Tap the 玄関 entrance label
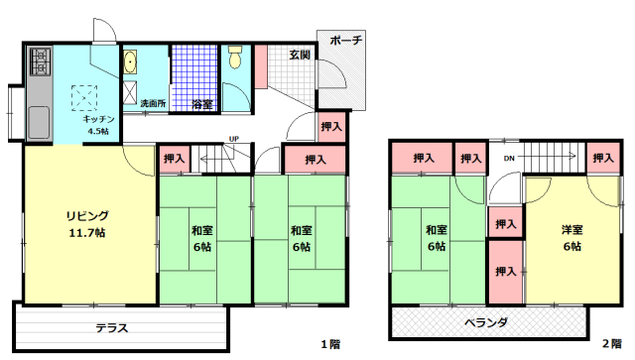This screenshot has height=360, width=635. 301,55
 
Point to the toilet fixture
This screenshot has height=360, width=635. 235,60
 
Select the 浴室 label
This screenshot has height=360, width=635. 201,103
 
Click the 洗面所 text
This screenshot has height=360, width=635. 139,103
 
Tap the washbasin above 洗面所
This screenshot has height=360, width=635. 131,64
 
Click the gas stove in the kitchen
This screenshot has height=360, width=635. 39,62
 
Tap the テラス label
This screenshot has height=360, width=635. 111,327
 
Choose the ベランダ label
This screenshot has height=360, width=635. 486,322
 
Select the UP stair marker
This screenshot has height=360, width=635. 234,139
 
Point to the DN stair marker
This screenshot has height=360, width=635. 507,159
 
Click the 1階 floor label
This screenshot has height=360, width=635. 329,344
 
